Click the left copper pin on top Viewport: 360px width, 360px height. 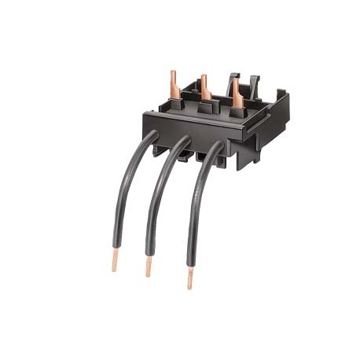pos(174,81)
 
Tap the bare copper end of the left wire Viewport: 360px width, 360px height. pos(115,262)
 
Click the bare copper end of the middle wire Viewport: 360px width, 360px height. pos(148,267)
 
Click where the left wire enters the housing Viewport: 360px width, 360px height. pos(152,137)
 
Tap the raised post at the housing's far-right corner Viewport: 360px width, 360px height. pos(284,100)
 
